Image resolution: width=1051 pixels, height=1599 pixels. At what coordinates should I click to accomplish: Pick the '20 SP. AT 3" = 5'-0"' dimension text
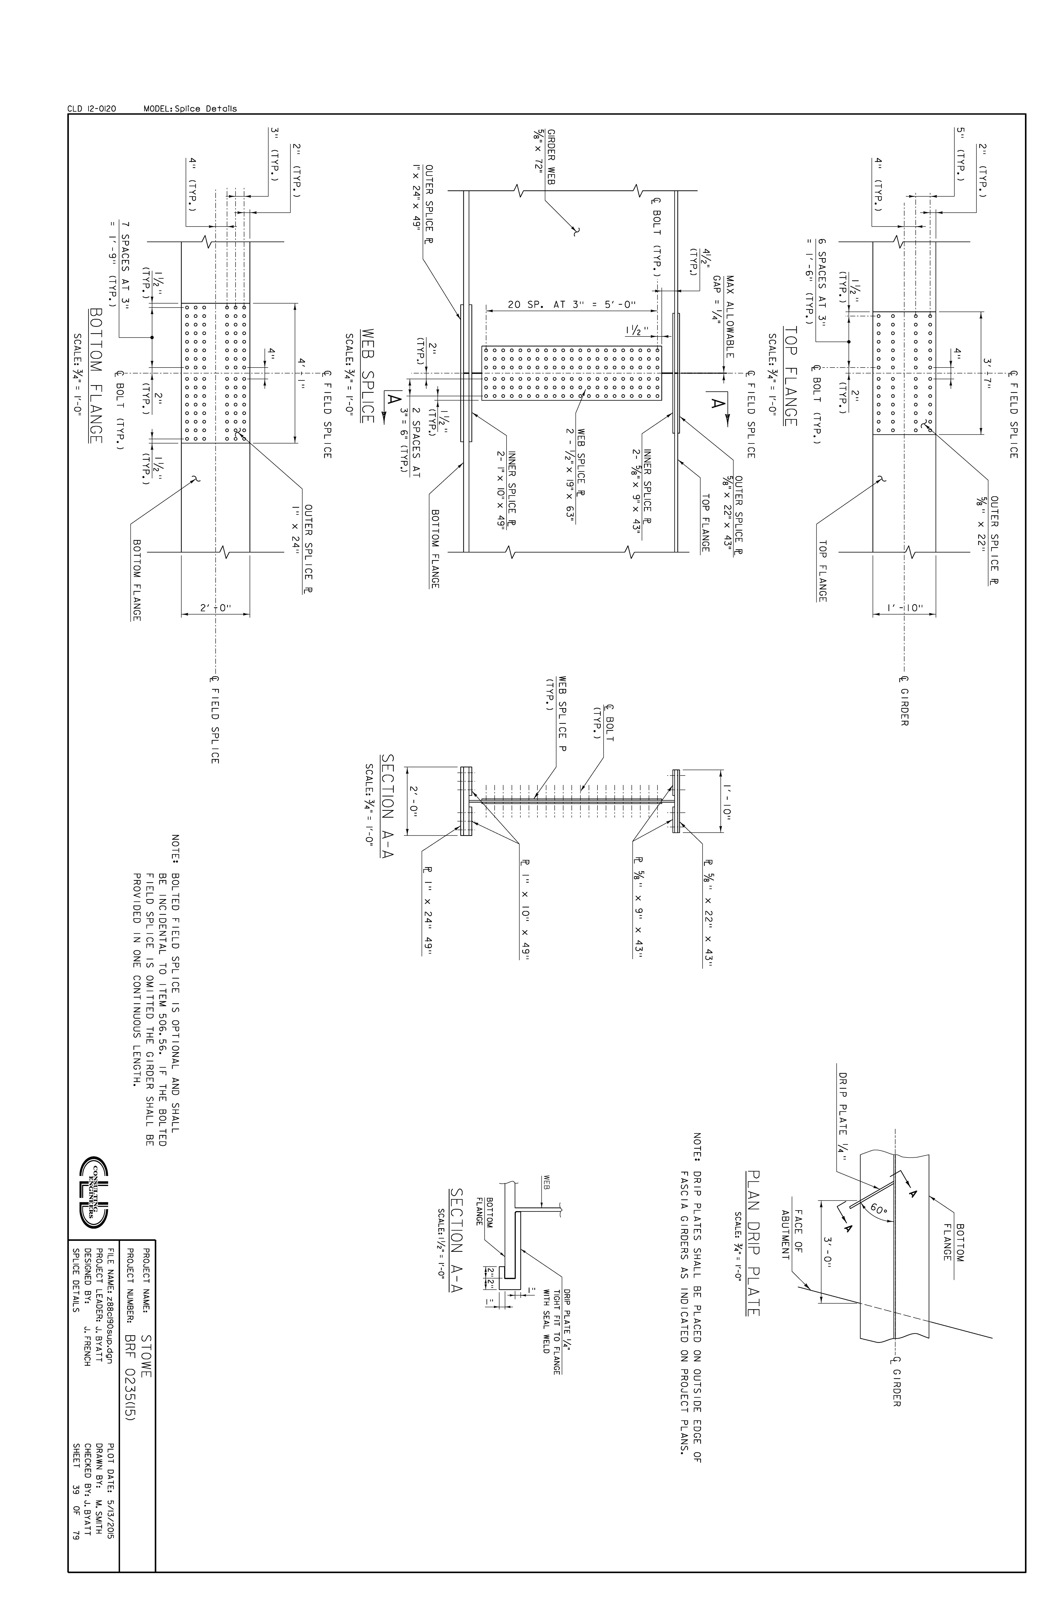coord(571,304)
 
